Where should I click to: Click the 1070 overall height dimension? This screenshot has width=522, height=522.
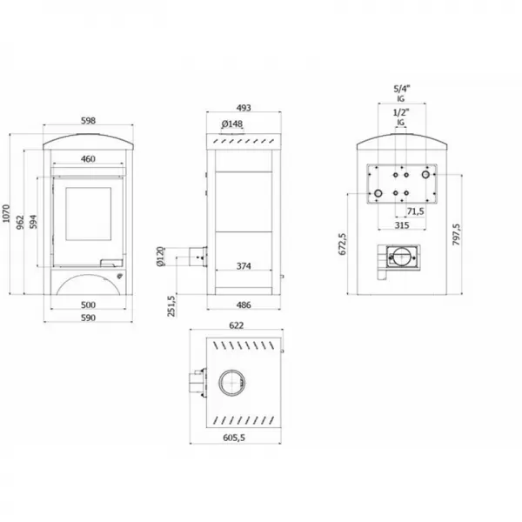tap(6, 214)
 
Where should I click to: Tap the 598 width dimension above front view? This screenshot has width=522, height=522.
tap(88, 121)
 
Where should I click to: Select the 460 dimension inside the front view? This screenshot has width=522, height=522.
tap(88, 159)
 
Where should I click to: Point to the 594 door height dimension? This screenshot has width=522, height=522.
tap(33, 222)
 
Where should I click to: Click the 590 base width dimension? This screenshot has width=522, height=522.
tap(88, 318)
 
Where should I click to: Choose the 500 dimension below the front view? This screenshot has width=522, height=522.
tap(88, 304)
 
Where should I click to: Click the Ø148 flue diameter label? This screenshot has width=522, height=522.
tap(232, 124)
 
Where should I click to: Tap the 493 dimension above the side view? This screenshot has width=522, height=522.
tap(244, 108)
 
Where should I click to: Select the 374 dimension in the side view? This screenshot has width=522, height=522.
tap(244, 266)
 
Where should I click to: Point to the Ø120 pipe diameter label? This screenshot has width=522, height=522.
tap(160, 257)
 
